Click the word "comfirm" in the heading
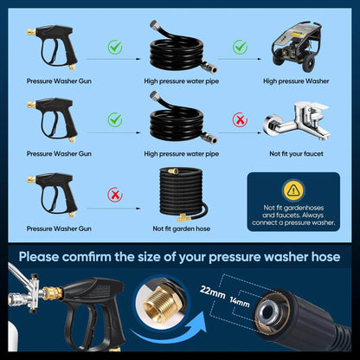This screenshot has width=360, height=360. [120, 256]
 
